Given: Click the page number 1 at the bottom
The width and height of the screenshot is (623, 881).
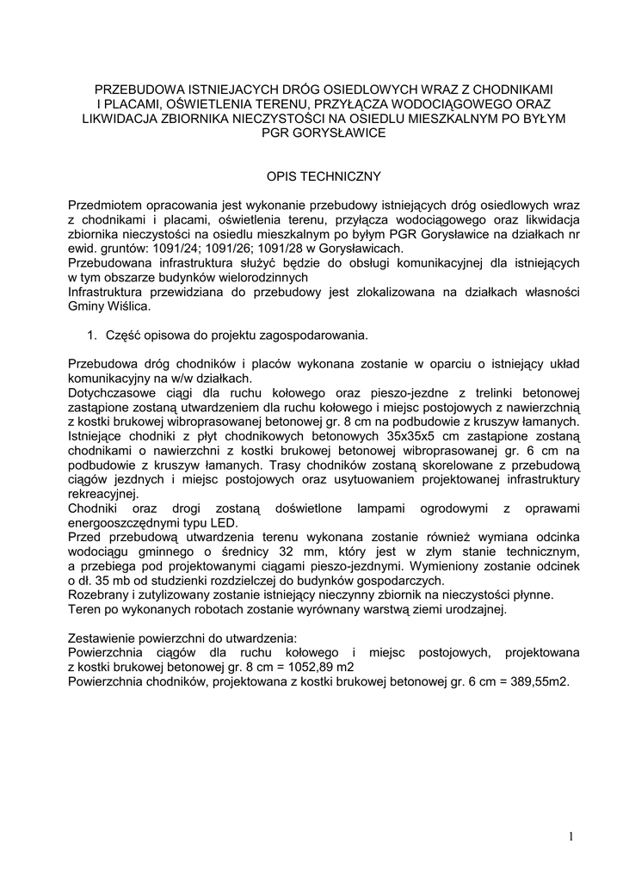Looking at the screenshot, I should [571, 835].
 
